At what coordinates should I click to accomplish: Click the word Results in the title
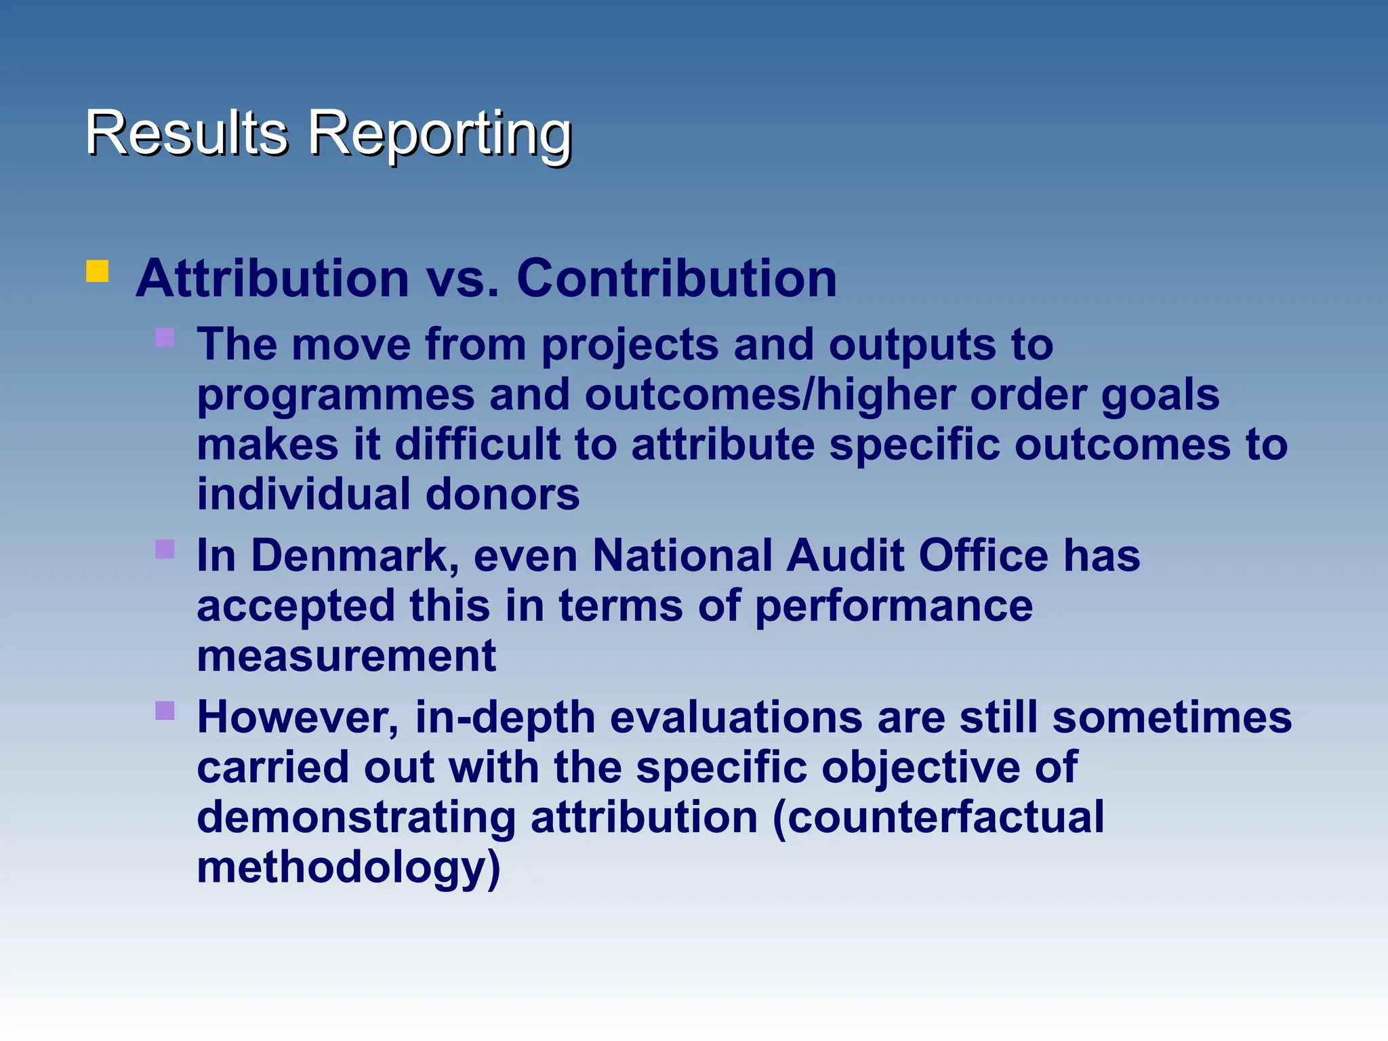coord(186,132)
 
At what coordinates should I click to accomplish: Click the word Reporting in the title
coord(441,134)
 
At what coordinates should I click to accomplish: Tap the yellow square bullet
coord(98,271)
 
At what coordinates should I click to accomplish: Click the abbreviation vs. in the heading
coord(462,279)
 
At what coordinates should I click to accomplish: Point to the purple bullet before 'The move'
coord(165,338)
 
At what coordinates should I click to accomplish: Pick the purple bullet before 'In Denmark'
coord(165,549)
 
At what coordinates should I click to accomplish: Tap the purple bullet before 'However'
coord(165,710)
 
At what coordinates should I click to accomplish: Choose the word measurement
coord(346,656)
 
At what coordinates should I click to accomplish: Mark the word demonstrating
coord(356,817)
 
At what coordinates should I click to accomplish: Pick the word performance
coord(893,606)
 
